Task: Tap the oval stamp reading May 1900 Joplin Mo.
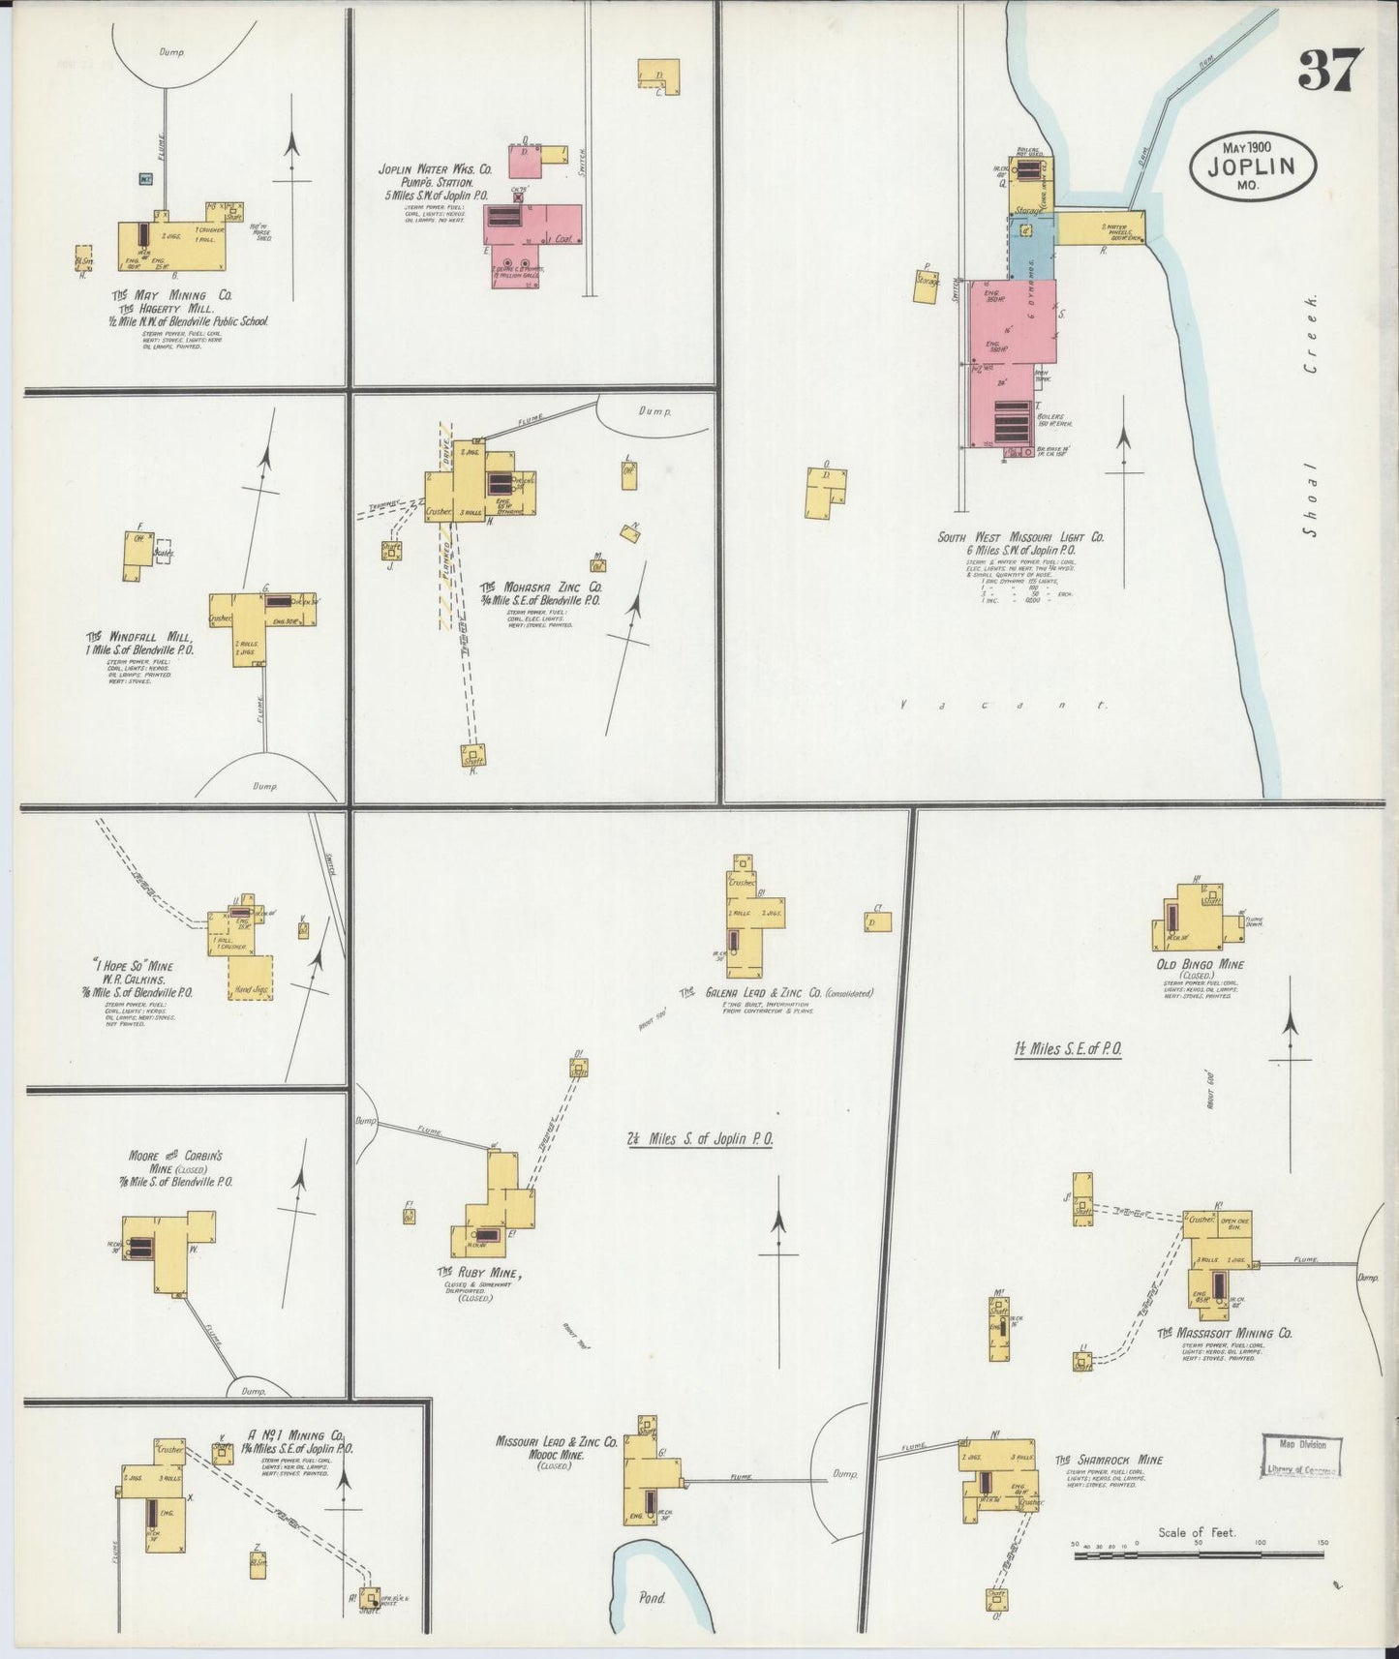click(x=1253, y=165)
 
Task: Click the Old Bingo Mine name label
click(x=1200, y=965)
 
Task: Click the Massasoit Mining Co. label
click(x=1225, y=1334)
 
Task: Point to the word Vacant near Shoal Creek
click(x=1002, y=706)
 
